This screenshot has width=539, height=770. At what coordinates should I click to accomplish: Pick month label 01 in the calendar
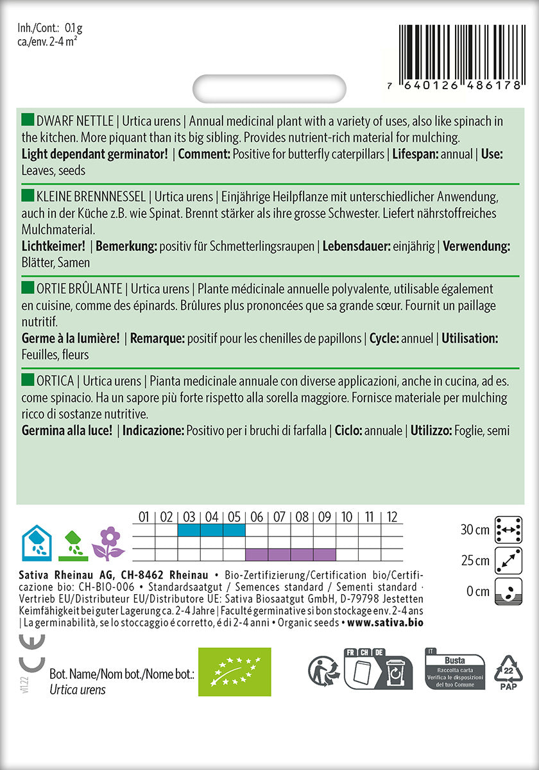tap(143, 517)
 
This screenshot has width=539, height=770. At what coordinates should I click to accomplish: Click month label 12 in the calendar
tap(392, 517)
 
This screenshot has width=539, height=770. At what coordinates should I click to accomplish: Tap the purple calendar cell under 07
tap(279, 554)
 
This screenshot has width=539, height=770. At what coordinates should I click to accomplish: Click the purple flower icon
tap(108, 543)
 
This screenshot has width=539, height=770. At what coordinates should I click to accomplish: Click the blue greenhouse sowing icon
tap(37, 543)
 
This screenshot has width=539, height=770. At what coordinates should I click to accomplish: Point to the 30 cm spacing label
tap(474, 530)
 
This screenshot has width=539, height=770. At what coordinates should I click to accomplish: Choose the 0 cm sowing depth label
tap(478, 591)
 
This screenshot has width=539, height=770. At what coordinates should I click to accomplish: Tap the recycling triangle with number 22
tap(508, 672)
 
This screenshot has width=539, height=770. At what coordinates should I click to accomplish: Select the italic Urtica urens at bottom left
tap(78, 690)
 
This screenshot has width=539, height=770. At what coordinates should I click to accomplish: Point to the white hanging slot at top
tap(269, 89)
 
